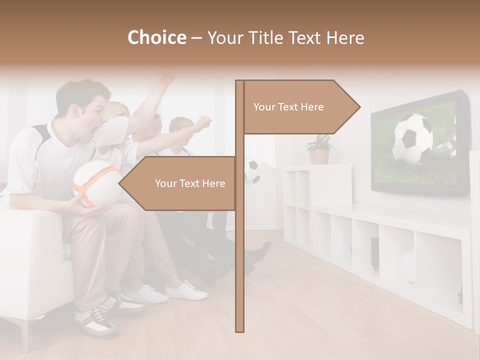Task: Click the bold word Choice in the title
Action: (x=156, y=37)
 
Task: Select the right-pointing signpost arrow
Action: (x=345, y=107)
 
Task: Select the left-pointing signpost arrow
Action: (x=132, y=183)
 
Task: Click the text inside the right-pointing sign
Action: (x=288, y=107)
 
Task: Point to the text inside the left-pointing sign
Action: (x=190, y=183)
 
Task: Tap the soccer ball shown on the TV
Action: (x=412, y=139)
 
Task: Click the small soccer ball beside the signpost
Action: (x=253, y=171)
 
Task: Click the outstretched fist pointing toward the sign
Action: (x=203, y=123)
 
